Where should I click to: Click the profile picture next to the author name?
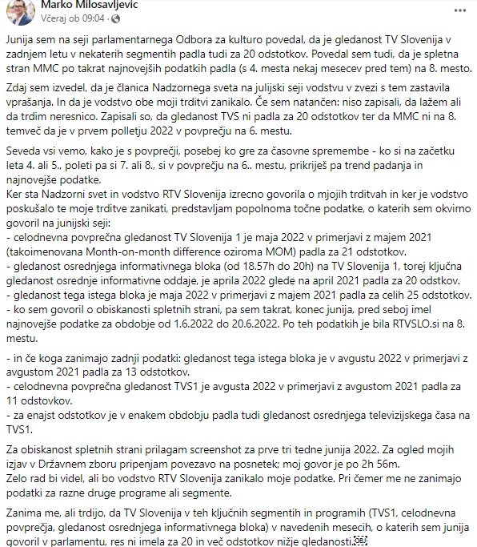coord(20,12)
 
